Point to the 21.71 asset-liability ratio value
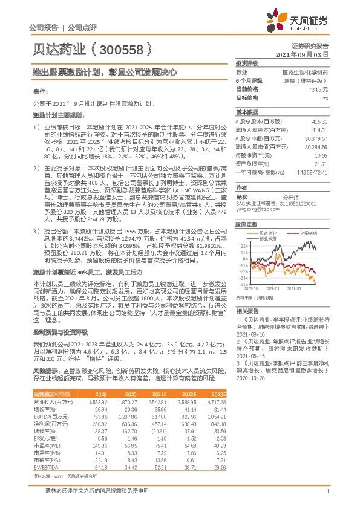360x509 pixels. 321,164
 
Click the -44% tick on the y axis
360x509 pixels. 243,284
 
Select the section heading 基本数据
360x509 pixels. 246,112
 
